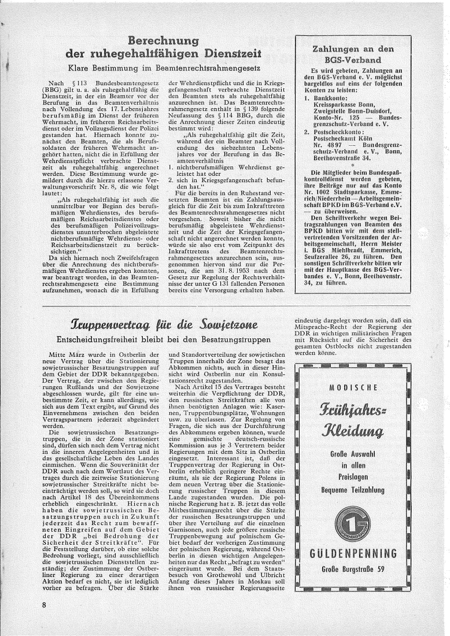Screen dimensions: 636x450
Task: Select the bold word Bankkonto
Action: [327, 98]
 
